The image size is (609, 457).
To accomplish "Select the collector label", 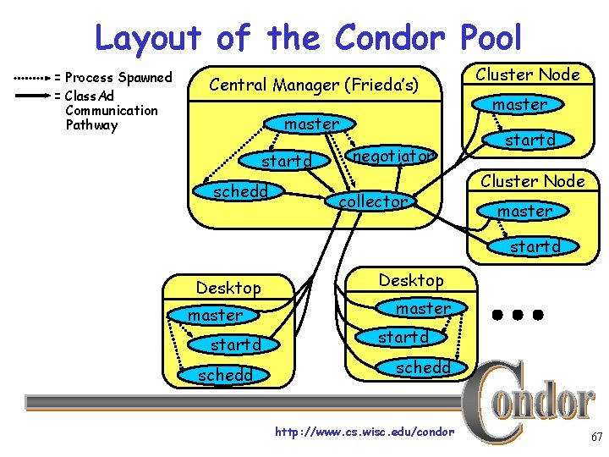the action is coord(373,201).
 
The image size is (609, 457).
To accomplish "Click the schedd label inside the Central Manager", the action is coord(240,191).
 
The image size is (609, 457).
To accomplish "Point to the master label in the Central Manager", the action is coord(311,124).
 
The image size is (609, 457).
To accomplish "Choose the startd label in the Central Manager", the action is coord(287,161).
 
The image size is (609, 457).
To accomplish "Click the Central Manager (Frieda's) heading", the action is coord(313,85).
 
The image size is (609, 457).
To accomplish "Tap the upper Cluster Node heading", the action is coord(528,74).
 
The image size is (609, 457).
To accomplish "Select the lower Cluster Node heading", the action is coord(533,181).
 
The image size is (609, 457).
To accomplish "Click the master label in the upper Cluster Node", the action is coord(519,105).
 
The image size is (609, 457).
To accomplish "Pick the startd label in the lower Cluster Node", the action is coord(535,247).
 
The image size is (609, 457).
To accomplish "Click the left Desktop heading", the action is coord(228,288).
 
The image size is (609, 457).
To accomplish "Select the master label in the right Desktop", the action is coord(424,309).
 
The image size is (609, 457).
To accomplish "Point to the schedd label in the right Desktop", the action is coord(424,366).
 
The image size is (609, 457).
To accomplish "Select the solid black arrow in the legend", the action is coord(32,96).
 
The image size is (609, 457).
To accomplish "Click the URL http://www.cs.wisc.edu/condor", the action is coord(365,432).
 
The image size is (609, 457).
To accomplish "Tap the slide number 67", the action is coord(596,438).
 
